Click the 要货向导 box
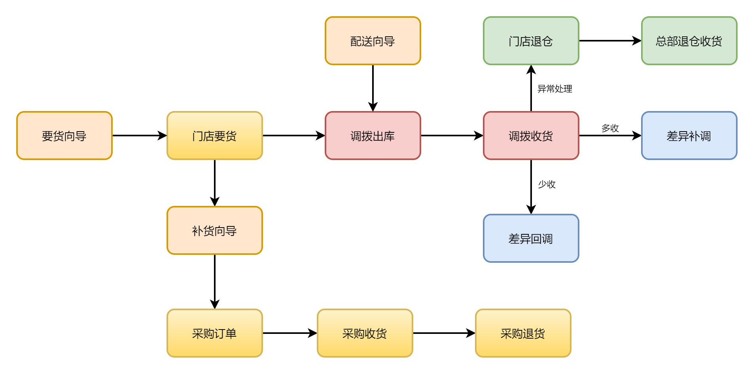coord(64,136)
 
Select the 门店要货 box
coord(214,136)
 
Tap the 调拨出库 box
coord(373,136)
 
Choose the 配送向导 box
coord(373,41)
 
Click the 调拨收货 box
coord(531,136)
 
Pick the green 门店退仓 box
coord(531,41)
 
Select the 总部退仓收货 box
coord(689,41)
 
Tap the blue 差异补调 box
coord(689,136)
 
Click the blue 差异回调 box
coord(531,238)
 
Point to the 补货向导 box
coord(214,230)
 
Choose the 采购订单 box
coord(214,333)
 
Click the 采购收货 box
coord(365,333)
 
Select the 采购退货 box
coord(523,333)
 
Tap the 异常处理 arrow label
coord(554,89)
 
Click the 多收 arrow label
coord(610,128)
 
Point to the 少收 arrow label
coord(547,185)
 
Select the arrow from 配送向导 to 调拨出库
coord(373,88)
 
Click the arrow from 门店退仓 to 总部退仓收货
coord(610,41)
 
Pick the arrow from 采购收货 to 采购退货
coord(444,333)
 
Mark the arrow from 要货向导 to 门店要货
coord(139,136)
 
